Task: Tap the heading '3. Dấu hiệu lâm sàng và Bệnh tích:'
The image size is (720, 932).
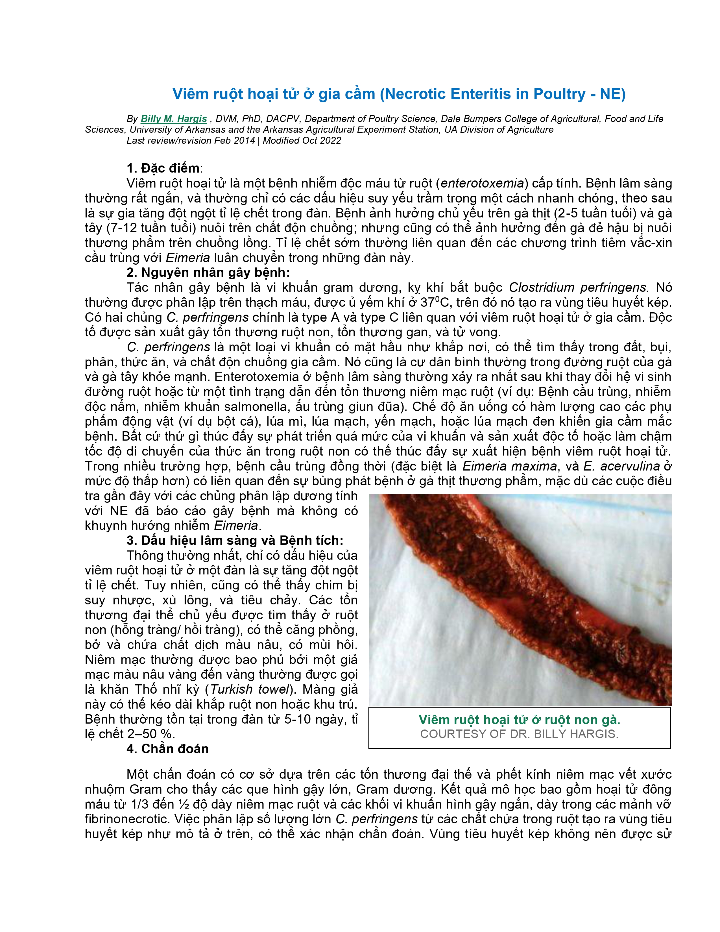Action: click(235, 540)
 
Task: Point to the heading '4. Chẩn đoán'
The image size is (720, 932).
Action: click(168, 748)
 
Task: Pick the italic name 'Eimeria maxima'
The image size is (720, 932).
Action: click(510, 466)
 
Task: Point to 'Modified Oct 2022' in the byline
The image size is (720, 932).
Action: click(302, 140)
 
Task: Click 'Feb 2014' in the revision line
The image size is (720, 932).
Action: click(234, 140)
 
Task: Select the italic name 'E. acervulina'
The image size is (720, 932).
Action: click(621, 466)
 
